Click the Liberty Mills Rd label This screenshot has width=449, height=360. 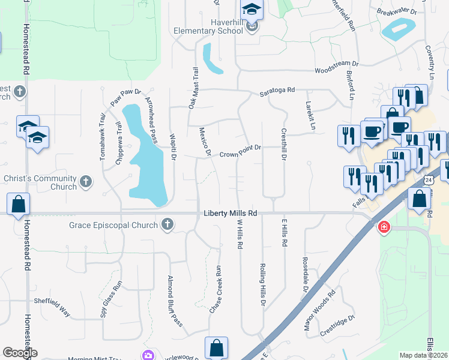[x=231, y=213]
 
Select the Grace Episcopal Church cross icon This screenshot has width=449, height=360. [x=167, y=225]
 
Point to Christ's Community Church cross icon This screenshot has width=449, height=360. [x=86, y=181]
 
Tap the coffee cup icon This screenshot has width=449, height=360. [x=372, y=131]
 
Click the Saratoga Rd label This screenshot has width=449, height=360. [x=277, y=91]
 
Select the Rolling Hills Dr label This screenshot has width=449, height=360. [x=262, y=285]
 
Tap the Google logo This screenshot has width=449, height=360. [x=20, y=353]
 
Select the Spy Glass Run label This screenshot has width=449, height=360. [x=111, y=299]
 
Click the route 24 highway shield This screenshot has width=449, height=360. [x=427, y=179]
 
